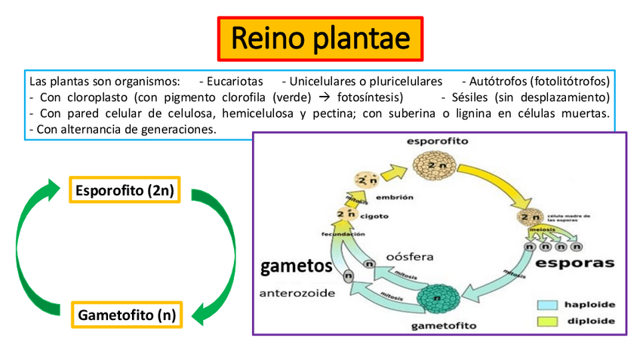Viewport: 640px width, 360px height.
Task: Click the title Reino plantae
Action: pyautogui.click(x=320, y=38)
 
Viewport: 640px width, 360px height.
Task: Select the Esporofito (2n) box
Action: pyautogui.click(x=126, y=190)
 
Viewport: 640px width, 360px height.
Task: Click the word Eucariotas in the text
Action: pyautogui.click(x=235, y=80)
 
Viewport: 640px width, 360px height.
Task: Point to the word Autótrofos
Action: pyautogui.click(x=497, y=80)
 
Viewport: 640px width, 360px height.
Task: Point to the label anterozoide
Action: pyautogui.click(x=296, y=293)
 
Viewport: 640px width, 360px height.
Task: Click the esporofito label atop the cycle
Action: pyautogui.click(x=437, y=140)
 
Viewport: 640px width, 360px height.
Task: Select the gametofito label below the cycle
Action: pyautogui.click(x=443, y=326)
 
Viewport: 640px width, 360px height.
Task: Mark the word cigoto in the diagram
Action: pyautogui.click(x=374, y=216)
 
